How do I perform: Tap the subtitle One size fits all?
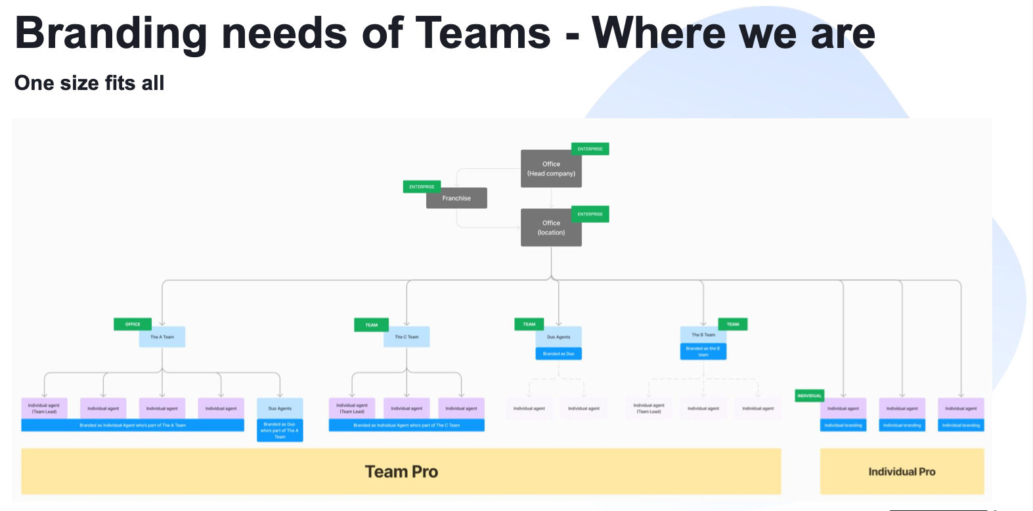click(89, 83)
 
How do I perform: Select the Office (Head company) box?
click(551, 169)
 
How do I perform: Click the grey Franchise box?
click(456, 198)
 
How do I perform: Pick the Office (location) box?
click(551, 228)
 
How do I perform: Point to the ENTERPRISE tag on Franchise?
click(422, 187)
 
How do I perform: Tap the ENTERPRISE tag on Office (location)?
click(590, 214)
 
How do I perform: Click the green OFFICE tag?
click(133, 324)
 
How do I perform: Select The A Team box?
click(162, 337)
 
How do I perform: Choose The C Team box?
click(407, 337)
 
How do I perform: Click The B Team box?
click(703, 335)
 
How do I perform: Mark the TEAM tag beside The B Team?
click(733, 324)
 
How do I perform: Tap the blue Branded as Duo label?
click(558, 354)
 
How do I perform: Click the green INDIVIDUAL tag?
click(809, 395)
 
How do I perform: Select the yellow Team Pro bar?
click(401, 472)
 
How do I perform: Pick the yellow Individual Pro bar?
click(902, 472)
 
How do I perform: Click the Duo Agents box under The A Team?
click(280, 409)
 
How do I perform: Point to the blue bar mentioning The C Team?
click(407, 426)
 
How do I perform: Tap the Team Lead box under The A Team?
click(44, 409)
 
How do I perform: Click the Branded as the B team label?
click(703, 352)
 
